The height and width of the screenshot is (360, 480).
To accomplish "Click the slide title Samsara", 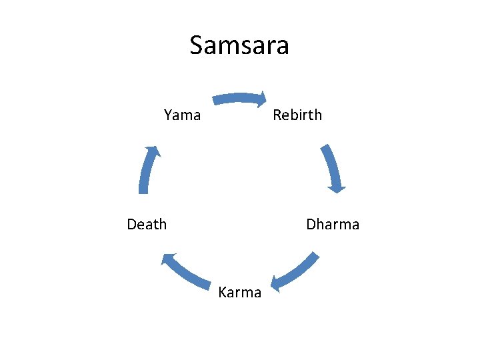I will point(239,45).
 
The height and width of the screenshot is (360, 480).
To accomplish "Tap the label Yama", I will point(182,115).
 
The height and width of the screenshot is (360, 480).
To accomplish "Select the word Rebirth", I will point(297,115).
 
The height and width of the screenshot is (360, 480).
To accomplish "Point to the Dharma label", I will point(333,224).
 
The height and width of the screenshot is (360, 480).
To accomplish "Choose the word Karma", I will point(240,293).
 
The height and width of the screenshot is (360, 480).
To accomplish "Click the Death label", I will point(147,224).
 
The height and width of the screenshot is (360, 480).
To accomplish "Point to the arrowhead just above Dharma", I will point(337,187).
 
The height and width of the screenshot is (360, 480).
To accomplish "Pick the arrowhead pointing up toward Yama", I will point(154,152).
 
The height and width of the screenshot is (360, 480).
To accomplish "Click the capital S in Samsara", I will point(198,45).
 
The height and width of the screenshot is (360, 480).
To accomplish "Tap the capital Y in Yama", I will point(168,115).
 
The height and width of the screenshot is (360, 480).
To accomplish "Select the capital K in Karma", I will point(223,293).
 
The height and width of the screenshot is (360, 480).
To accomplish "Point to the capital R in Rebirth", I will point(277,115).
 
